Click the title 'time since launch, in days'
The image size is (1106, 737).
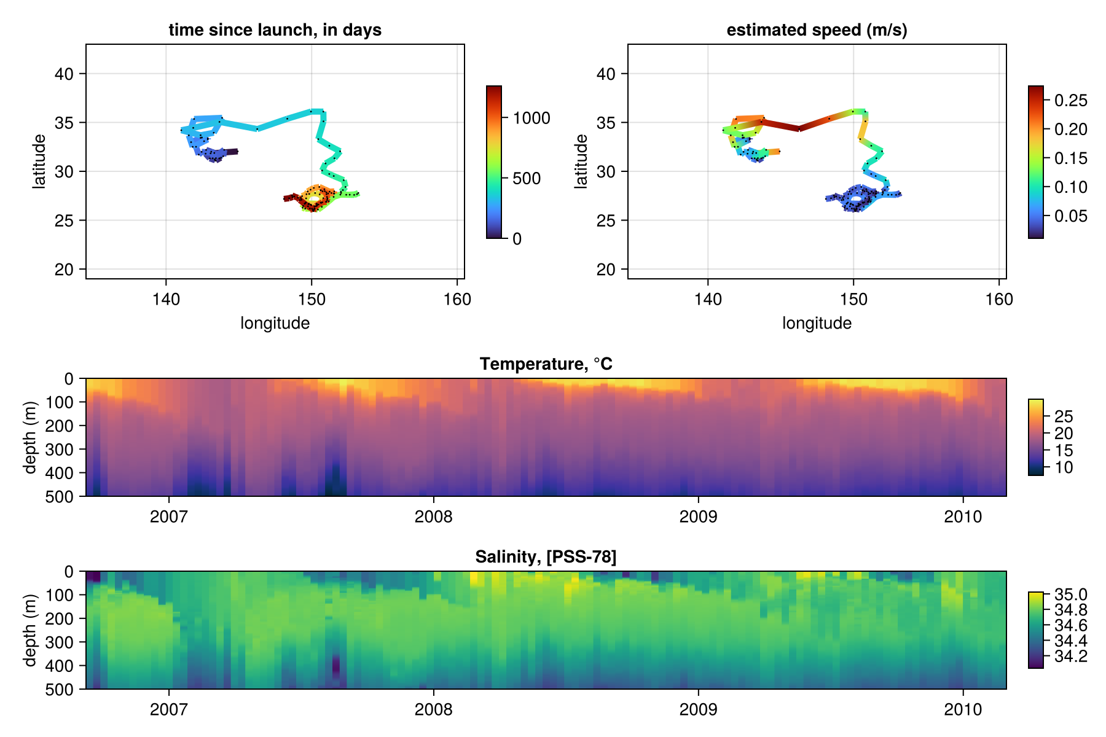click(275, 30)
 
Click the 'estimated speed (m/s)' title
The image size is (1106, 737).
click(817, 30)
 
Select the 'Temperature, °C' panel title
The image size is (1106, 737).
click(546, 364)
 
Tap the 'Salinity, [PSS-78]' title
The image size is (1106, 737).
click(546, 557)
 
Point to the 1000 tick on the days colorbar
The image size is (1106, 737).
click(531, 119)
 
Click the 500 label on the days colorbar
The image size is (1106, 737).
click(527, 179)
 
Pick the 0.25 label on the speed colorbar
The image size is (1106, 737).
click(1070, 101)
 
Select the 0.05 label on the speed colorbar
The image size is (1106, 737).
click(1070, 216)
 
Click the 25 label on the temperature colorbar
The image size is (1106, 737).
click(1064, 417)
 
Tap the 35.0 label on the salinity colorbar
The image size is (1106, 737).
click(1070, 595)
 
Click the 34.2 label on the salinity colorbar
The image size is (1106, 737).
click(1070, 657)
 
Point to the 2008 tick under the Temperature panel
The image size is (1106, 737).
click(433, 517)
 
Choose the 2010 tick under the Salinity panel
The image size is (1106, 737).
click(963, 709)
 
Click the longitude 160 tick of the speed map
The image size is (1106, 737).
click(999, 299)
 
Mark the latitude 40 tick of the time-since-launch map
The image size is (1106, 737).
click(64, 74)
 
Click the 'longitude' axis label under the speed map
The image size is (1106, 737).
click(817, 323)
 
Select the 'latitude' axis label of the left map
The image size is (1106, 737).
click(39, 161)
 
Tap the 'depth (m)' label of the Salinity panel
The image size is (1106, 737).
click(29, 630)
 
